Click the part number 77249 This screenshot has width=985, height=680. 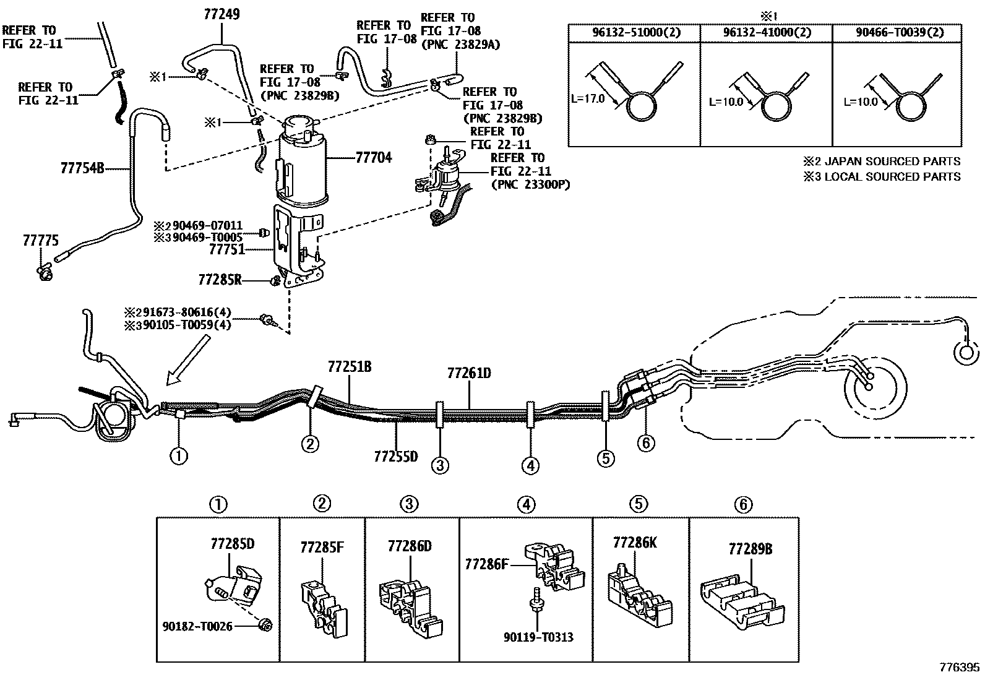click(x=222, y=13)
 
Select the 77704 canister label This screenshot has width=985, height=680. click(x=374, y=158)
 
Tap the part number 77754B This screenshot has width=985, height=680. click(x=82, y=167)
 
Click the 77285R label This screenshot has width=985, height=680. click(x=220, y=280)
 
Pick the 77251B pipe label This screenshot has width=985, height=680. click(x=350, y=367)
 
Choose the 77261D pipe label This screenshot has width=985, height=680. click(x=469, y=373)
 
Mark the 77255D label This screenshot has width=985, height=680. click(x=396, y=457)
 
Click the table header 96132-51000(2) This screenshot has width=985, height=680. click(x=634, y=33)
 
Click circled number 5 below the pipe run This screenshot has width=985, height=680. click(x=606, y=458)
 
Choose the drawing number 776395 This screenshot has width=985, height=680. click(x=958, y=667)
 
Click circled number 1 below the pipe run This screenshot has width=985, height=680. click(x=179, y=457)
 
